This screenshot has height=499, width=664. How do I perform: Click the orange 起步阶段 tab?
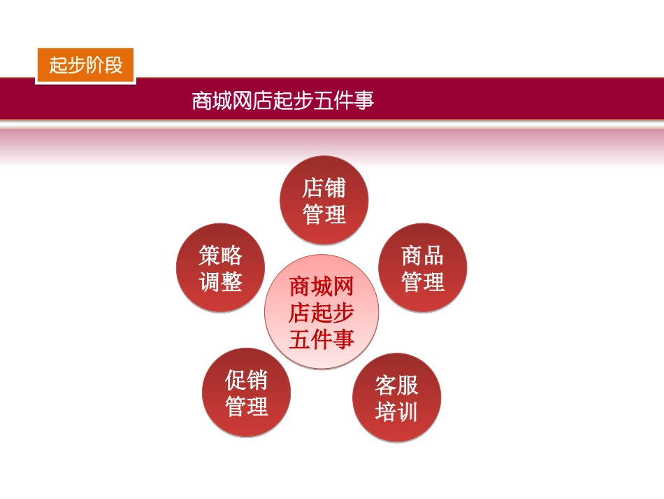(x=85, y=66)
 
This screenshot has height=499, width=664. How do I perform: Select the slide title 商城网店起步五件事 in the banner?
(x=283, y=100)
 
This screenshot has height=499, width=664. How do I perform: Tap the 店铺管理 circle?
(x=324, y=200)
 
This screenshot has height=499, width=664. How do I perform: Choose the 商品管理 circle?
(x=423, y=268)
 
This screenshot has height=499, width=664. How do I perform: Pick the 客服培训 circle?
(x=396, y=398)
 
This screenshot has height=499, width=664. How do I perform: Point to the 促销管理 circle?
(x=246, y=393)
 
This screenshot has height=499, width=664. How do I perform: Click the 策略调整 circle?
(x=221, y=268)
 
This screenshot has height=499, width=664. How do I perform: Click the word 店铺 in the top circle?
(x=324, y=188)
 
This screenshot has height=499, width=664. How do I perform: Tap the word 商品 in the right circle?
(x=423, y=255)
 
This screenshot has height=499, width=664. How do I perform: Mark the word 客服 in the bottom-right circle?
(x=396, y=385)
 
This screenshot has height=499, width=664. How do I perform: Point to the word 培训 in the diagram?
(x=396, y=412)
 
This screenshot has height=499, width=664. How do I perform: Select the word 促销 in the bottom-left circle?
(x=246, y=380)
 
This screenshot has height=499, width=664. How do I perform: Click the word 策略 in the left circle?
(x=221, y=255)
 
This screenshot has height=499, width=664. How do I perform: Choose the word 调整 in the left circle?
(x=221, y=281)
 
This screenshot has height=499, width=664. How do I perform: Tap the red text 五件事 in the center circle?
(x=322, y=339)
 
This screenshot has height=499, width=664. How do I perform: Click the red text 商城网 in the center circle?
(x=322, y=287)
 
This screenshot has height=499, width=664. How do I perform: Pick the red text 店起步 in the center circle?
(x=322, y=313)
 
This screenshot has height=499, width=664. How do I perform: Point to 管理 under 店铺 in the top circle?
(x=324, y=213)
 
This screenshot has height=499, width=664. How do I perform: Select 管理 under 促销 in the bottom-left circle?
(x=246, y=406)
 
